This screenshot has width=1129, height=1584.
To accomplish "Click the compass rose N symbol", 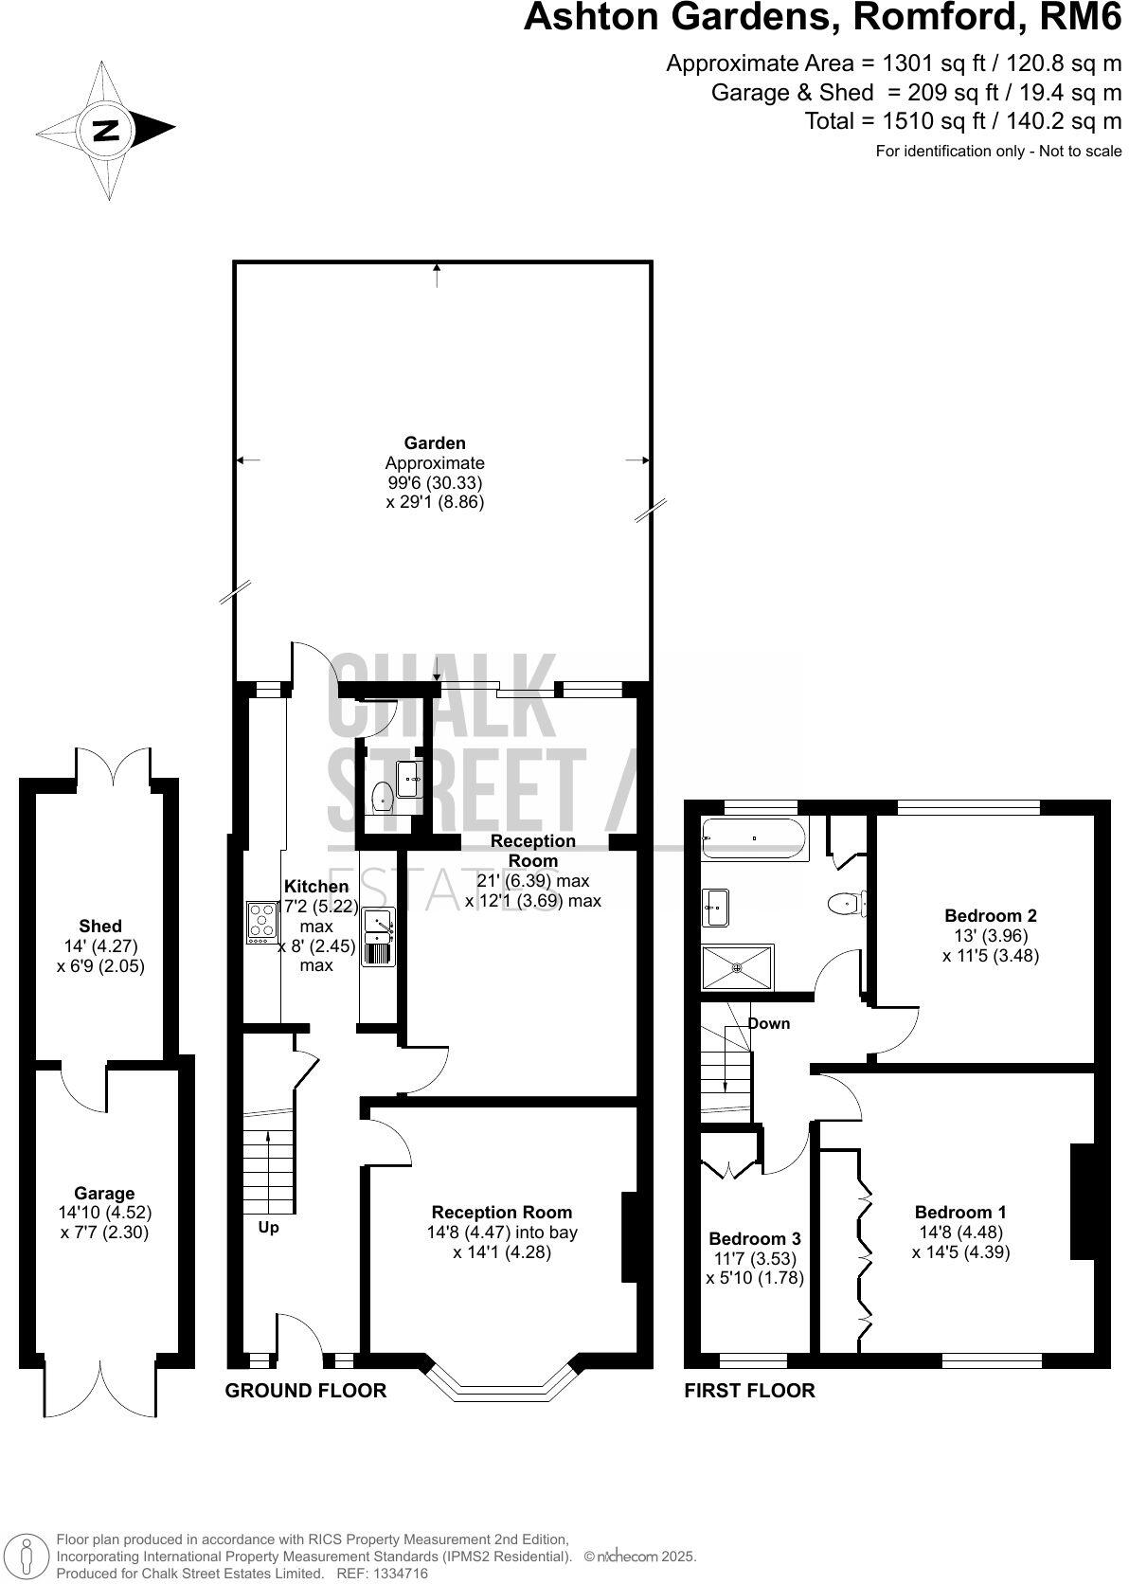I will click(105, 130).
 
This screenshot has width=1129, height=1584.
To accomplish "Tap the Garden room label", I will click(435, 442).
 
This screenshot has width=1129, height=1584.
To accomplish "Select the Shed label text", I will click(100, 926).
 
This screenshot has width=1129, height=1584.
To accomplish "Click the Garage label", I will click(104, 1193).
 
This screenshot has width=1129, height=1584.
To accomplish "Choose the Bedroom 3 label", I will click(754, 1238).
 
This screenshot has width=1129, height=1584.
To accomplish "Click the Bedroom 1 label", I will click(959, 1212).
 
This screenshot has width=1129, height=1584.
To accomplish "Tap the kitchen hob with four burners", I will click(262, 922).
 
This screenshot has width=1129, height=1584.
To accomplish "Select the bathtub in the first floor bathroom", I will click(754, 838).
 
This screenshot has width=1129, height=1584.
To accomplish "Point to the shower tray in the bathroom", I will click(737, 967).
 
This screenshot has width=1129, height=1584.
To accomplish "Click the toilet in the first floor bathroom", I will click(845, 904).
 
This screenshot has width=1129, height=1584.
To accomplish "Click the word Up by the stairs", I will click(269, 1227).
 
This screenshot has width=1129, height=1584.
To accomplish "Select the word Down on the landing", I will click(768, 1023).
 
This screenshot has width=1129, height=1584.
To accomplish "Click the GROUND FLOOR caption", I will click(305, 1390).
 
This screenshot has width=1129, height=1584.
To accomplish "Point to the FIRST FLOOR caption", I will click(749, 1390).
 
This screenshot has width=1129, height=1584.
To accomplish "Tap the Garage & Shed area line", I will click(916, 93).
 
